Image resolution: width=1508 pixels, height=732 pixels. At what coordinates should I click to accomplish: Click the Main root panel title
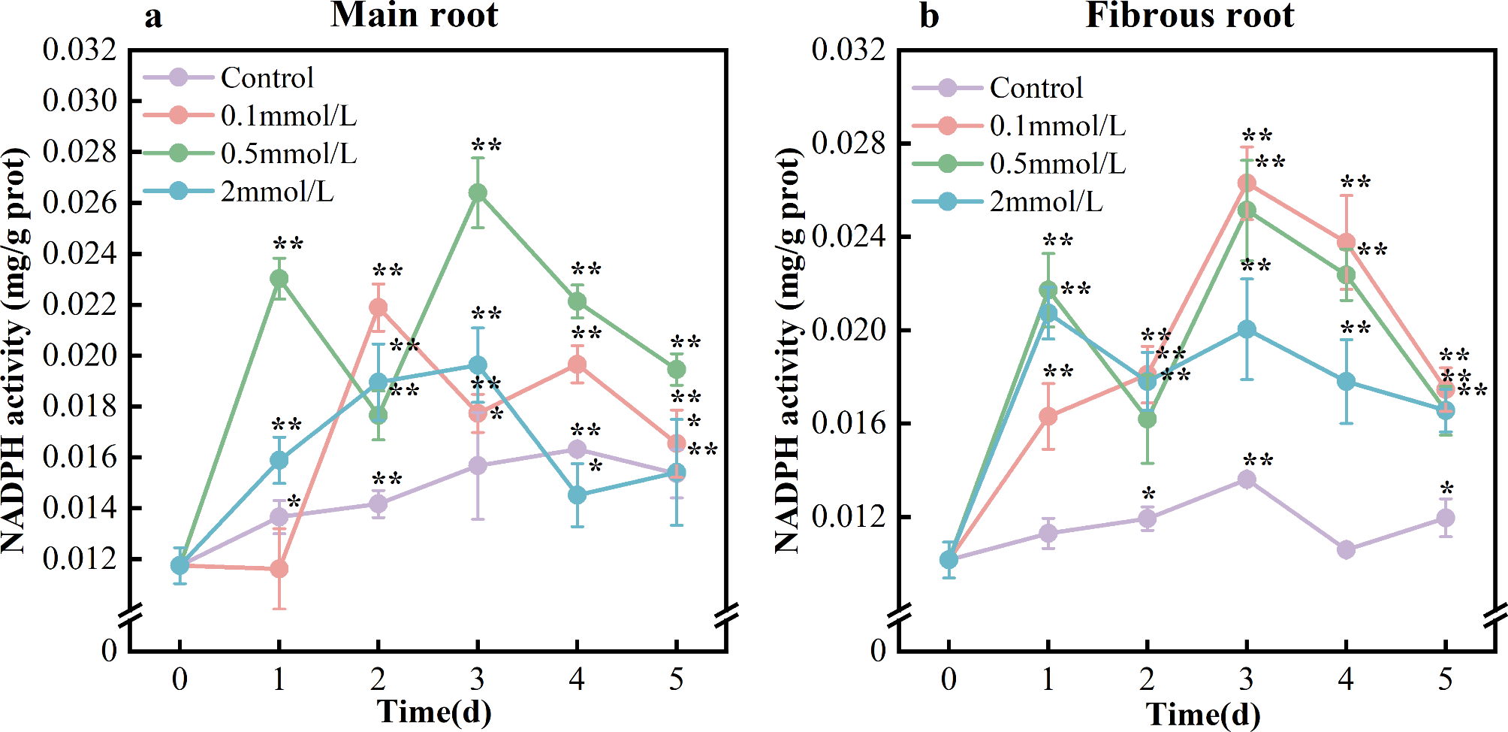click(x=414, y=15)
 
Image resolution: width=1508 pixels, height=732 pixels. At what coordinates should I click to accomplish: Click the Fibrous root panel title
click(x=1190, y=15)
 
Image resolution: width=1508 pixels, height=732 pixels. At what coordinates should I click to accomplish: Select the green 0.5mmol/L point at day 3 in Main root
click(x=478, y=193)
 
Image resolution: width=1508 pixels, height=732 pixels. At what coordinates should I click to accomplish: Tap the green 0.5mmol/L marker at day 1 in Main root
click(x=279, y=279)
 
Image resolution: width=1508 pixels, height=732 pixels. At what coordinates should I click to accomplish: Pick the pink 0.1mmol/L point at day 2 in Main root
click(x=379, y=307)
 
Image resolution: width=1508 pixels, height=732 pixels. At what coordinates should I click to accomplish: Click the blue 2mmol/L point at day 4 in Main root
click(x=577, y=495)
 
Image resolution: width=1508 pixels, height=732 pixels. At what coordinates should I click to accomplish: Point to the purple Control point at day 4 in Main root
click(x=577, y=449)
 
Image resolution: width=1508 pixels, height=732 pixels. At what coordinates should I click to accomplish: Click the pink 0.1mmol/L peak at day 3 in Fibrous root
click(x=1247, y=183)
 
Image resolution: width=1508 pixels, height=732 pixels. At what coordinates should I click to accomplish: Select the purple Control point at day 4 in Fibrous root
click(x=1347, y=549)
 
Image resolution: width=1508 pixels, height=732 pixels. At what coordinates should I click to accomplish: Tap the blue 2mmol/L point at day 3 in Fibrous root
click(x=1247, y=330)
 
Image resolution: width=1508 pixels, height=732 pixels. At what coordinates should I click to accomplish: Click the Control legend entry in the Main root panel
click(x=267, y=77)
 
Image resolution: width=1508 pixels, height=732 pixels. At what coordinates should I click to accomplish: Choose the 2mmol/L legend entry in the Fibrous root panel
click(x=1045, y=201)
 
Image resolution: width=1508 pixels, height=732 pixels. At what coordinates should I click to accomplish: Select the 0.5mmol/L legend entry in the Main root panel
click(x=288, y=153)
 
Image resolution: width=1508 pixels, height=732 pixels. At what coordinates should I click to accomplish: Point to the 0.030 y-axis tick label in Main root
click(x=80, y=101)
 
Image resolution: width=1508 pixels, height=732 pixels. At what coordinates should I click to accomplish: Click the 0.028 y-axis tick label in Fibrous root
click(x=849, y=143)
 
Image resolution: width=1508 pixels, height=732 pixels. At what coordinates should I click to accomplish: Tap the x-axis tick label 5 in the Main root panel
click(x=676, y=679)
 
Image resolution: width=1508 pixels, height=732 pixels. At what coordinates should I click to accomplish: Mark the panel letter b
click(x=929, y=15)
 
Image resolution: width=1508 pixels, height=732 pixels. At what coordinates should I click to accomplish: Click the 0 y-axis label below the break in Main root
click(x=110, y=650)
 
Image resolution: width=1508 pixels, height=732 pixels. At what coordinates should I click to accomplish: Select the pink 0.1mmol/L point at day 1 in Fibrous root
click(x=1048, y=416)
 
